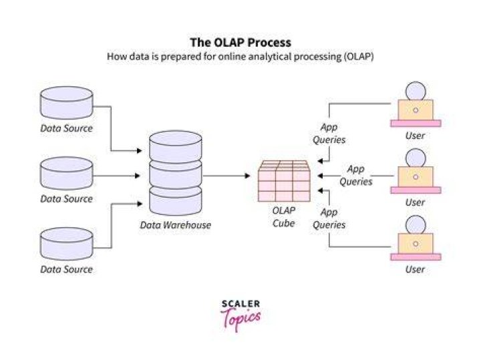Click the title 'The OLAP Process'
[240, 42]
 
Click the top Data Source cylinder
[67, 103]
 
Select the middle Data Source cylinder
[67, 173]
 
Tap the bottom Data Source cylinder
[67, 244]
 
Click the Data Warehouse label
[176, 225]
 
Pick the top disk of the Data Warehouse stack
[176, 146]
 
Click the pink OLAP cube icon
[284, 181]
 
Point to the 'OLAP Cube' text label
[284, 217]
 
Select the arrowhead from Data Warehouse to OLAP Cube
[248, 176]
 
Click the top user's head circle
[416, 91]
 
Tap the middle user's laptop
[416, 180]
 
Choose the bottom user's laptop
[416, 247]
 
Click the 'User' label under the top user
[415, 136]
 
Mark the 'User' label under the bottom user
[415, 269]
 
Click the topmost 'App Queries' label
[329, 134]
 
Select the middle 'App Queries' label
[356, 175]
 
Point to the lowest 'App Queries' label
[329, 218]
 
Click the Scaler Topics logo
[240, 315]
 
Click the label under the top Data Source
[67, 128]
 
